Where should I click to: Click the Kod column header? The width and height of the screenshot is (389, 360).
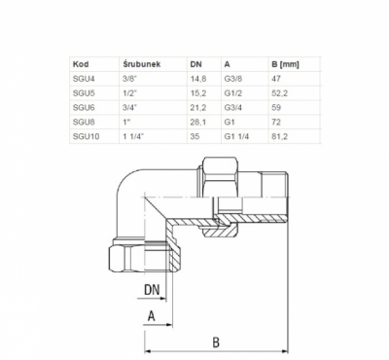pos(81,64)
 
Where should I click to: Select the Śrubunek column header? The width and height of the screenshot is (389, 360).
pos(142,64)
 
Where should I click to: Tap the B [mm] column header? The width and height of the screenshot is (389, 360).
pos(285,64)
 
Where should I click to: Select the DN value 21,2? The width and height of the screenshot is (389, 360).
pos(198,108)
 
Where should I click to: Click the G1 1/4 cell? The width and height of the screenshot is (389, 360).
pos(236,136)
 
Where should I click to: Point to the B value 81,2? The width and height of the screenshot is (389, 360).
pos(280,136)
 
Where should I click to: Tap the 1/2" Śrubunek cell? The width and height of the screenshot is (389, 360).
pos(130,93)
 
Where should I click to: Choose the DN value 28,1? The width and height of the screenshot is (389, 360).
pos(198,122)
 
